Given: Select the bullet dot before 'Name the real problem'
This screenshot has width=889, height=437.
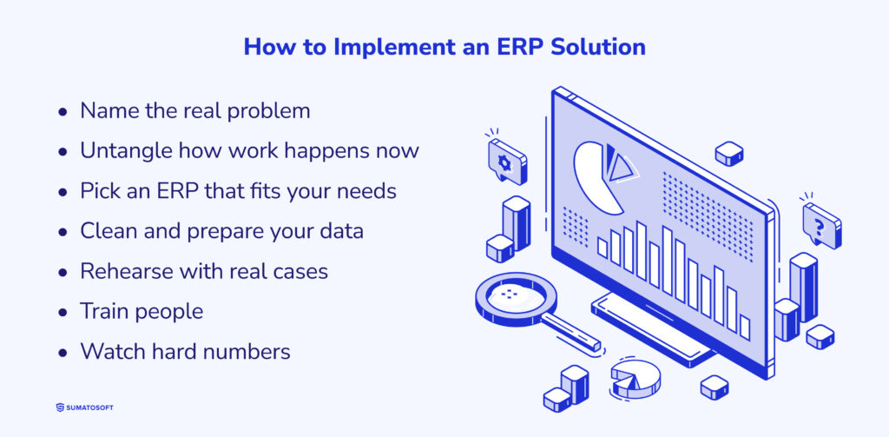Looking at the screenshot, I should coord(63,112).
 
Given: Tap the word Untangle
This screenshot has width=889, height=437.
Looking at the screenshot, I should coord(125,150).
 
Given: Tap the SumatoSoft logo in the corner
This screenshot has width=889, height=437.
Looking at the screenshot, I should coord(83,407).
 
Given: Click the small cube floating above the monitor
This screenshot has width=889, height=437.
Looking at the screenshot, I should coord(728,154).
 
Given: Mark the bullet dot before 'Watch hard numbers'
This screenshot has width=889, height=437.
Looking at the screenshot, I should coord(63,352).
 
